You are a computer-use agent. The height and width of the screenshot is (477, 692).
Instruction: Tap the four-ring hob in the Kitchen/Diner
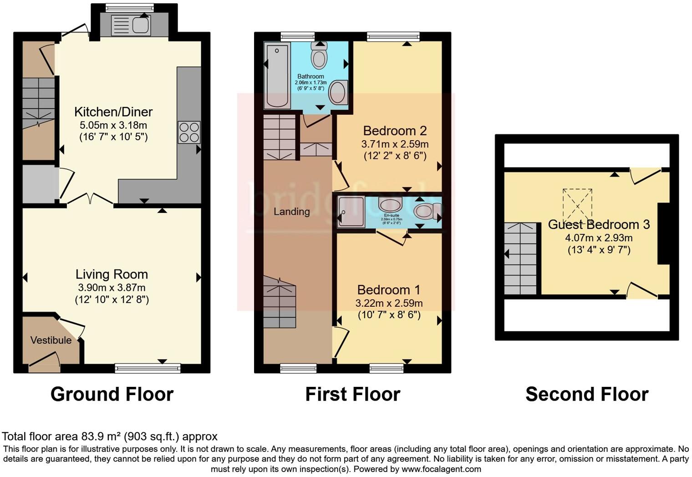click(x=189, y=132)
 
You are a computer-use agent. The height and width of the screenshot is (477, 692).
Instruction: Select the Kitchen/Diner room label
click(x=113, y=112)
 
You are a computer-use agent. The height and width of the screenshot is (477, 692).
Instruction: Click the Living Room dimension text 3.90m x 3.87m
click(x=112, y=287)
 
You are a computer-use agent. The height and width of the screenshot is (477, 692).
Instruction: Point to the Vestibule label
click(x=51, y=340)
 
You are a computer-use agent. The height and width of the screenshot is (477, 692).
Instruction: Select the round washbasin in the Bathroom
click(x=338, y=92)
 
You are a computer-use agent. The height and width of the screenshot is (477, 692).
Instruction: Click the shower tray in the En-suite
click(x=351, y=212)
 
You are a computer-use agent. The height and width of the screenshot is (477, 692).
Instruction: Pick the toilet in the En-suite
click(x=424, y=211)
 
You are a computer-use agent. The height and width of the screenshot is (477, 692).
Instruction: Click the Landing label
click(x=291, y=211)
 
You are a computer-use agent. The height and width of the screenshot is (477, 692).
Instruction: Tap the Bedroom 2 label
click(x=395, y=131)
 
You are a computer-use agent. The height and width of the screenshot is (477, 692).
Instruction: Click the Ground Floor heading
click(x=112, y=394)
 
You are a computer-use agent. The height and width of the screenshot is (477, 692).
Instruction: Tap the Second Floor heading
click(x=586, y=394)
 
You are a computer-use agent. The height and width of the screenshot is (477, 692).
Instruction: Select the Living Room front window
click(x=148, y=368)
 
